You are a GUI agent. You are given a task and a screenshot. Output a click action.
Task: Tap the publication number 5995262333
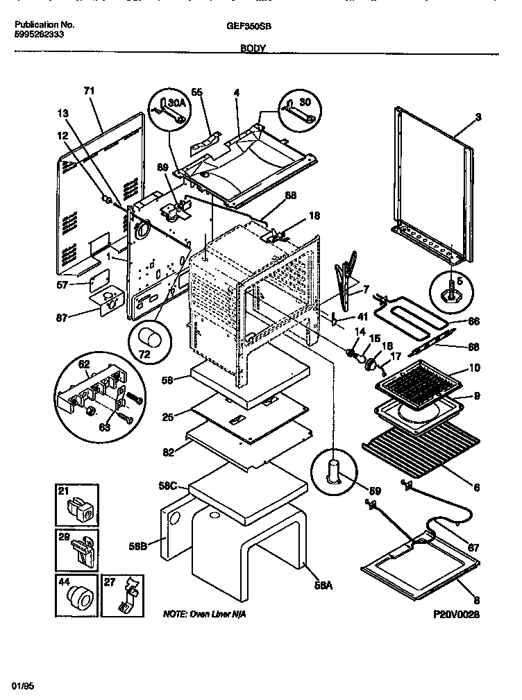(x=40, y=33)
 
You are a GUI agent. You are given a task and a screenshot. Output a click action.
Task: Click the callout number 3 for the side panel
(x=478, y=119)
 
